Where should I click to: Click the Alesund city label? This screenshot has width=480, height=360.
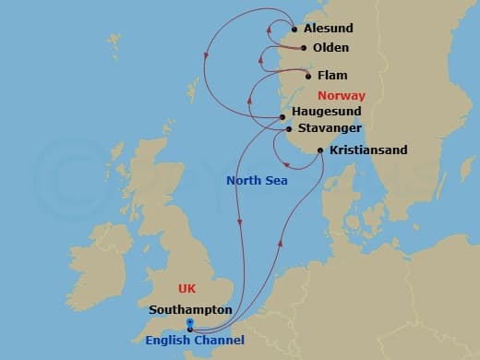tap(329, 29)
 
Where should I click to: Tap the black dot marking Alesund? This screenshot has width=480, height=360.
tap(294, 29)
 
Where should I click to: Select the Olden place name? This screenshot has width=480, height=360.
tap(331, 47)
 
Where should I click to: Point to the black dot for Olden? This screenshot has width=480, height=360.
tap(305, 48)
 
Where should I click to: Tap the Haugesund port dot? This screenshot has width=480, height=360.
tap(282, 116)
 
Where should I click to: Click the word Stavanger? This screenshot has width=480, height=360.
tap(329, 128)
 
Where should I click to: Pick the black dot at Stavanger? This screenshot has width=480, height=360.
tap(289, 129)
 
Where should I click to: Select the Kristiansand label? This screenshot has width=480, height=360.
tap(367, 150)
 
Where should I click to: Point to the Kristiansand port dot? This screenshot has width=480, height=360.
tap(319, 150)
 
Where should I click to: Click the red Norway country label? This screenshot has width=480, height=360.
tap(341, 95)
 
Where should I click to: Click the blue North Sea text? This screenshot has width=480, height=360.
tap(257, 181)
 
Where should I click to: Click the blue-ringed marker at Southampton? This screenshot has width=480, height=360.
tap(189, 324)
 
